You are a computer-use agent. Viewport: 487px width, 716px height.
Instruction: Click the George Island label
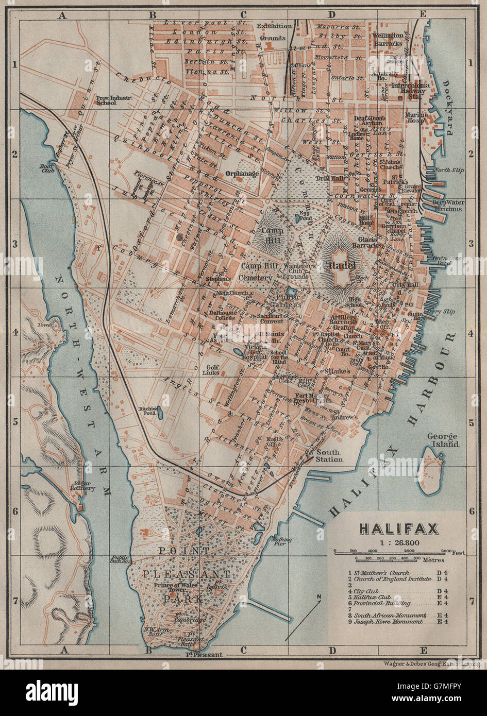click(443, 440)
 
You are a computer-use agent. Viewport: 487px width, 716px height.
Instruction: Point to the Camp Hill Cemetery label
click(256, 271)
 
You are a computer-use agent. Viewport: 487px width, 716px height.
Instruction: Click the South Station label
click(329, 455)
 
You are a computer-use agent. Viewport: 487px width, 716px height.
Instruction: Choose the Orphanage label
click(242, 174)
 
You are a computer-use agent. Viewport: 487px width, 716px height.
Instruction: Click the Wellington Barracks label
click(389, 39)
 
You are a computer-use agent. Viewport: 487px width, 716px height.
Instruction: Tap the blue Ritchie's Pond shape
click(160, 412)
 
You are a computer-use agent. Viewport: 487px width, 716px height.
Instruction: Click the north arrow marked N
click(319, 598)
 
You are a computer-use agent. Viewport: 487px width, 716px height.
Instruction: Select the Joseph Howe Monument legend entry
click(387, 622)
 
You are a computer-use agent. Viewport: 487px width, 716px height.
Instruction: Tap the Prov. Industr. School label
click(114, 99)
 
